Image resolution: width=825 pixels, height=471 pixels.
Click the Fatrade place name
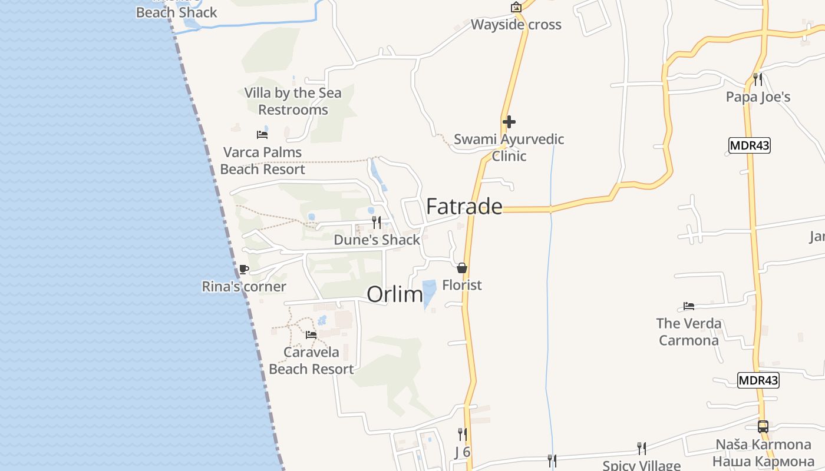pyautogui.click(x=464, y=206)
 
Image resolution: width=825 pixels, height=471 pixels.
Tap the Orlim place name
pyautogui.click(x=395, y=294)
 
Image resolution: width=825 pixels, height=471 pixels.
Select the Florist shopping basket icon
pyautogui.click(x=462, y=268)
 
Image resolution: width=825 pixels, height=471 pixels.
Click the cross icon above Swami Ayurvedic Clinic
pyautogui.click(x=509, y=122)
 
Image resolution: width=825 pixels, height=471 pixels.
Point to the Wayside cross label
pyautogui.click(x=516, y=25)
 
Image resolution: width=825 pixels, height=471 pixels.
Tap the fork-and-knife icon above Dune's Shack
pyautogui.click(x=376, y=223)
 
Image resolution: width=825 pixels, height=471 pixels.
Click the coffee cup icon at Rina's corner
pyautogui.click(x=243, y=270)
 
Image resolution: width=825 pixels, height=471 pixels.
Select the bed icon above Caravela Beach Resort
pyautogui.click(x=311, y=335)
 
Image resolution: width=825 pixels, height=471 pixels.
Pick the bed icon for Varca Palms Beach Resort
pyautogui.click(x=262, y=135)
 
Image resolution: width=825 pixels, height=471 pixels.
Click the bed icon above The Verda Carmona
pyautogui.click(x=689, y=306)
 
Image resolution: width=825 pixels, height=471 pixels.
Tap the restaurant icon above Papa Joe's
pyautogui.click(x=758, y=79)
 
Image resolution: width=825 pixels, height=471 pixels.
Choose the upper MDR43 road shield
pyautogui.click(x=750, y=145)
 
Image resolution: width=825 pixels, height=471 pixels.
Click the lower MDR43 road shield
pyautogui.click(x=758, y=380)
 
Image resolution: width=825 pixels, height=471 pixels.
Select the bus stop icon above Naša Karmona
pyautogui.click(x=763, y=427)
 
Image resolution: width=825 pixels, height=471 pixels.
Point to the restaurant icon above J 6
pyautogui.click(x=463, y=434)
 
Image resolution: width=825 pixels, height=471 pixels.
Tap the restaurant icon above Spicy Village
pyautogui.click(x=642, y=449)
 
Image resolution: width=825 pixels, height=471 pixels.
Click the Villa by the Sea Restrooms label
pyautogui.click(x=293, y=101)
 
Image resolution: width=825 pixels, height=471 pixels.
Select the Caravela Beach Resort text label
pyautogui.click(x=311, y=360)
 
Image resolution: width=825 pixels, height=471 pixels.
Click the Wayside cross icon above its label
pyautogui.click(x=516, y=7)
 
